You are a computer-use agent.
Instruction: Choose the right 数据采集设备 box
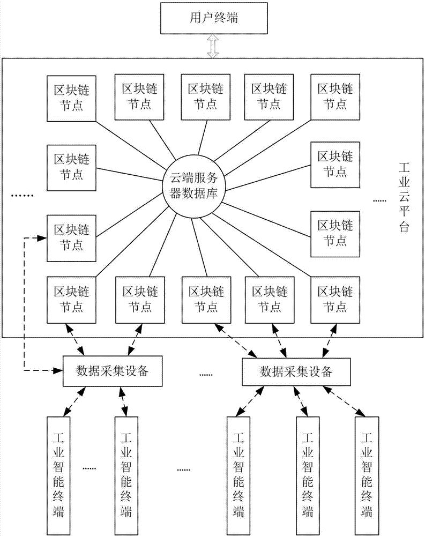tap(295, 371)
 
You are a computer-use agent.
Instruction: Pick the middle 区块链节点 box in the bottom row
tap(202, 299)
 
